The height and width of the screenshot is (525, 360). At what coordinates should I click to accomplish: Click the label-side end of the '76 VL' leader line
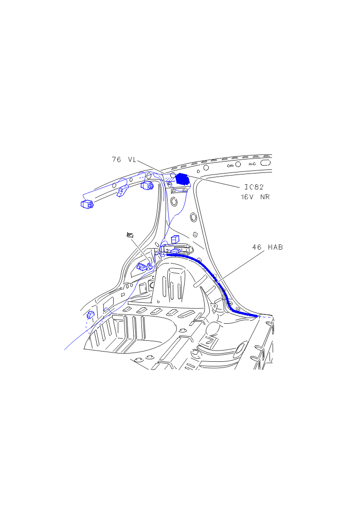137,161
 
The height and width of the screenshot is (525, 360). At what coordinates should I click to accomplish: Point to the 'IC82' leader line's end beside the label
240,187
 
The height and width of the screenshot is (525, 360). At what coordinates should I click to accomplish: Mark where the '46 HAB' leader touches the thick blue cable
218,281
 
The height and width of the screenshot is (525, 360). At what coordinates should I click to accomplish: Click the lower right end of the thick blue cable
258,316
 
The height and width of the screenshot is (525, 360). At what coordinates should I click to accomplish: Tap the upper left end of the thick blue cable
167,254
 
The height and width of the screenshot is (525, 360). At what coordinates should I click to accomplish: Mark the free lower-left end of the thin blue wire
65,350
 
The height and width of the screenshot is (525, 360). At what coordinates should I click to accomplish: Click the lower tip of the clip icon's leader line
151,264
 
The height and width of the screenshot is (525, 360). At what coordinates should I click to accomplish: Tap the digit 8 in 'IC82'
256,187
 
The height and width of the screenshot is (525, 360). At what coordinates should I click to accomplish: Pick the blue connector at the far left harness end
86,204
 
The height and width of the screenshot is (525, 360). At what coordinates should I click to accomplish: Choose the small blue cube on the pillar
175,239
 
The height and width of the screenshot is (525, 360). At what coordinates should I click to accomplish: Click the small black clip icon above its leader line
130,235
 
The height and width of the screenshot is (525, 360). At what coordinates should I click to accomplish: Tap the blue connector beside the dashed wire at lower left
91,314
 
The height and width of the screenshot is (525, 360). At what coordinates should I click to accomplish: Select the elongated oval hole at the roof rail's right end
265,163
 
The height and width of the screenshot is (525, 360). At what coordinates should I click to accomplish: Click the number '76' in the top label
116,160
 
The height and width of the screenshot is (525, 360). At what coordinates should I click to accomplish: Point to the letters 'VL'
132,160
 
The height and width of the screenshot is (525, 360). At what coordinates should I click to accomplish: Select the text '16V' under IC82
247,197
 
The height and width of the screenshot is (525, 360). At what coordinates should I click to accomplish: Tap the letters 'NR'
265,197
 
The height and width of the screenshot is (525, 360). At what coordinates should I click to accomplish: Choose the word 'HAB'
275,247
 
